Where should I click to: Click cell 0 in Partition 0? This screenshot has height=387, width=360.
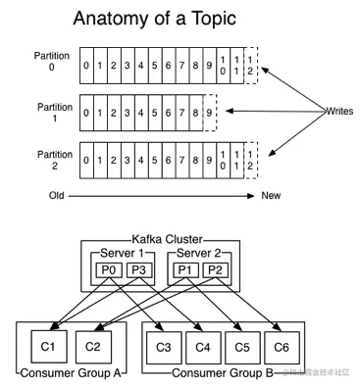[87, 67]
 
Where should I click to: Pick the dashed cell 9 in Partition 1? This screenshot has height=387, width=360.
[209, 113]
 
